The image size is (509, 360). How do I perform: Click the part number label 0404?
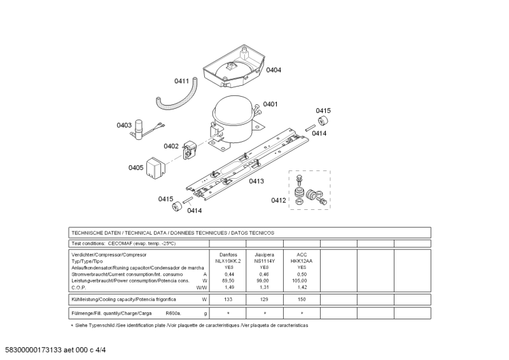[274, 70]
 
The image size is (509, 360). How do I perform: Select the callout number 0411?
[182, 81]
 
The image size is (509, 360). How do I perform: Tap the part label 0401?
[270, 104]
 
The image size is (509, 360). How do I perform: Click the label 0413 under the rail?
[256, 181]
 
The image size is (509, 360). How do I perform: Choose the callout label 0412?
[279, 200]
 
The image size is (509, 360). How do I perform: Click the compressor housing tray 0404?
[234, 67]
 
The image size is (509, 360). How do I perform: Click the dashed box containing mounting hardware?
[310, 190]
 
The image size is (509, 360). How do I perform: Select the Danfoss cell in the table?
[228, 254]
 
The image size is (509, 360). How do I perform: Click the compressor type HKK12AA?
[302, 261]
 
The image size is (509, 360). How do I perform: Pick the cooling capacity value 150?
[302, 299]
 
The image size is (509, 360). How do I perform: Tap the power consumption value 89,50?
[228, 280]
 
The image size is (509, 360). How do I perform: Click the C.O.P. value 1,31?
[265, 287]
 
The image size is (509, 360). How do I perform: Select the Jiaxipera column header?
[265, 254]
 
